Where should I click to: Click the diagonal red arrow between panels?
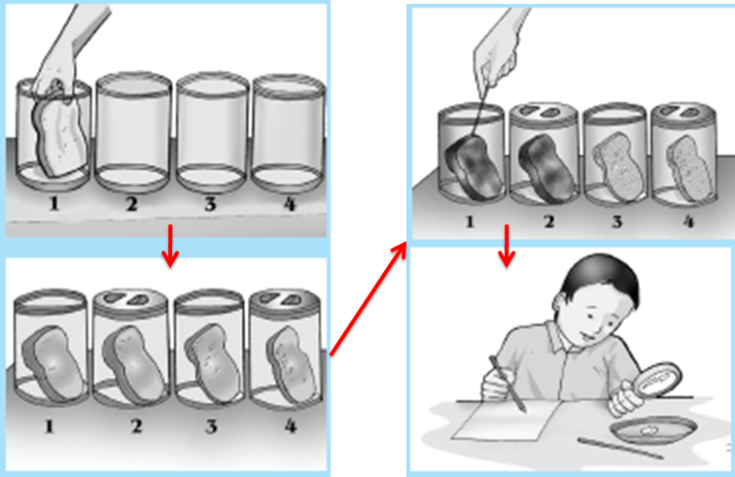[x=368, y=299]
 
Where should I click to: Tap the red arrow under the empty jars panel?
[x=170, y=246]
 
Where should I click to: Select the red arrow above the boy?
[x=507, y=247]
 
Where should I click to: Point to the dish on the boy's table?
[x=653, y=431]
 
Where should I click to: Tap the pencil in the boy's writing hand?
[x=507, y=385]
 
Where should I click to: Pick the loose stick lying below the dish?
[x=620, y=448]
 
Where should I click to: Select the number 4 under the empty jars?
[x=290, y=204]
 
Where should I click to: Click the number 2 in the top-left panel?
[x=131, y=204]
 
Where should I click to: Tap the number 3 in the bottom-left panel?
[x=211, y=426]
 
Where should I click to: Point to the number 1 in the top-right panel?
[x=470, y=221]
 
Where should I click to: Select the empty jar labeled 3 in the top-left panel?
[x=212, y=132]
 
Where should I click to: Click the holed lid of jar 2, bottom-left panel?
[x=130, y=300]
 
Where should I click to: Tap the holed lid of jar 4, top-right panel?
[x=683, y=114]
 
